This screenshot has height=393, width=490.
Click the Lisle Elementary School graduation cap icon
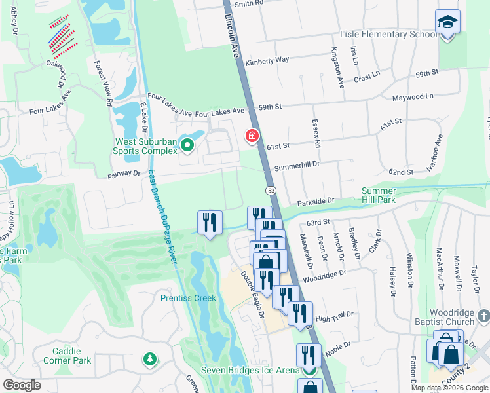click(x=447, y=22)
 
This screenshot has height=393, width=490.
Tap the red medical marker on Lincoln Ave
click(x=251, y=136)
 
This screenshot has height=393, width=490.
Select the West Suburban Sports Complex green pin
click(x=187, y=145)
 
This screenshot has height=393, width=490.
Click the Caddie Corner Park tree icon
click(x=151, y=359)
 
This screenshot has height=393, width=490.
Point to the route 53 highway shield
click(x=270, y=190)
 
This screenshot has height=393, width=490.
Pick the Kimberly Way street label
click(x=267, y=60)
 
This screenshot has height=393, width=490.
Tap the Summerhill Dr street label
click(x=296, y=166)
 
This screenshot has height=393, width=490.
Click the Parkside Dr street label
click(x=316, y=202)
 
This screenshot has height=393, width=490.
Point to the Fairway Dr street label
click(x=124, y=176)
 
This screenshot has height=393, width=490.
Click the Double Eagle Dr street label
click(x=252, y=294)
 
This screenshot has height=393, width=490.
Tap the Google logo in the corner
click(x=22, y=385)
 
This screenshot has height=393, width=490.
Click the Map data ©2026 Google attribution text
click(x=449, y=388)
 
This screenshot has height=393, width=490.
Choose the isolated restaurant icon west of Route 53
click(x=210, y=223)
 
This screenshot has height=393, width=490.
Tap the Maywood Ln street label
click(x=413, y=97)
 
